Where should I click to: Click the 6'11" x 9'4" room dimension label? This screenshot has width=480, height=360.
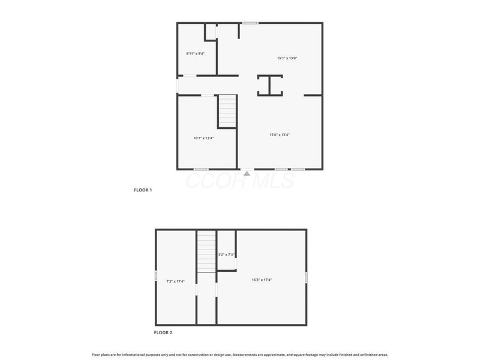pyautogui.click(x=196, y=54)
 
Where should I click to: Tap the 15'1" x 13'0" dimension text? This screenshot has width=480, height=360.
pyautogui.click(x=287, y=58)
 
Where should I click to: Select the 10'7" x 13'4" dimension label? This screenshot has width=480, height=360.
pyautogui.click(x=203, y=138)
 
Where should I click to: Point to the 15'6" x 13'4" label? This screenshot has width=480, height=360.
pyautogui.click(x=280, y=135)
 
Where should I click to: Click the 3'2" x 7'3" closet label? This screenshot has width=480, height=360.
pyautogui.click(x=226, y=255)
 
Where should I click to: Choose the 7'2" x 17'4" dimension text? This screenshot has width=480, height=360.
pyautogui.click(x=175, y=281)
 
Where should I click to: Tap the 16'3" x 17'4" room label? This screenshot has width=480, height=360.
pyautogui.click(x=262, y=280)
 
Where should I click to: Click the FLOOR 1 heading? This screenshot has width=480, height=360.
pyautogui.click(x=143, y=190)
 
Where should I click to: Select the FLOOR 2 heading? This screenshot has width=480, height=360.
pyautogui.click(x=163, y=332)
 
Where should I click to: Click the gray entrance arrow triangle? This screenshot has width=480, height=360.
pyautogui.click(x=247, y=173)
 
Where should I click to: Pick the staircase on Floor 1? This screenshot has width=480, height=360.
pyautogui.click(x=227, y=111)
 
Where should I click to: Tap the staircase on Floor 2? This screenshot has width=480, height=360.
pyautogui.click(x=206, y=252)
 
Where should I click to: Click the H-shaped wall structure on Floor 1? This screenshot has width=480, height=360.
pyautogui.click(x=269, y=85)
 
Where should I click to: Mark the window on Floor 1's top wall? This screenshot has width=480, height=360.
pyautogui.click(x=250, y=23)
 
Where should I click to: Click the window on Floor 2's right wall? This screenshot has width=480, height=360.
pyautogui.click(x=306, y=278)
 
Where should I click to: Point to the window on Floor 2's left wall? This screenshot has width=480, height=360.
pyautogui.click(x=156, y=275)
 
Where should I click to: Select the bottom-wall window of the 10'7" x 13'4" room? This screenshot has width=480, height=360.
pyautogui.click(x=200, y=169)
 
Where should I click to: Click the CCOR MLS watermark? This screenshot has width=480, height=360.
pyautogui.click(x=240, y=180)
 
